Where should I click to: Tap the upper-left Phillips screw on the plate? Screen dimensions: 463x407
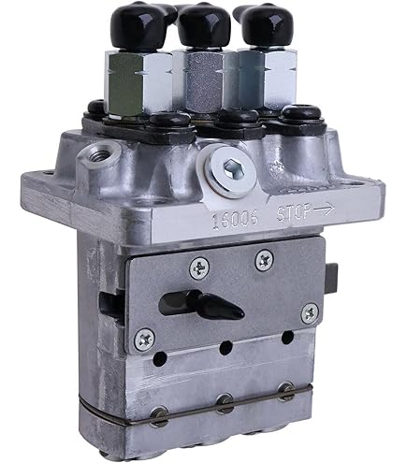(x=197, y=268)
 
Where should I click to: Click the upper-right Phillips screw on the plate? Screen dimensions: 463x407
(x=264, y=258)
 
